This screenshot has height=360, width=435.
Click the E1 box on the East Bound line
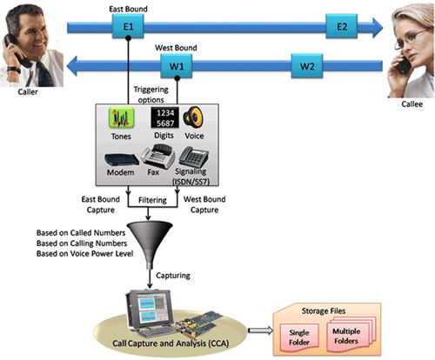(128, 26)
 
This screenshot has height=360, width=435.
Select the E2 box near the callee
(342, 26)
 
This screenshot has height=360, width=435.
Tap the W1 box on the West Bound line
(177, 66)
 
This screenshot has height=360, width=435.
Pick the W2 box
(307, 66)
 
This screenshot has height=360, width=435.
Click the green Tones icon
(121, 117)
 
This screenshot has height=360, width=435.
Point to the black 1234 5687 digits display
(164, 117)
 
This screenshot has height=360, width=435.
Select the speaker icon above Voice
(193, 117)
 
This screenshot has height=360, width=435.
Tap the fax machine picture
(158, 156)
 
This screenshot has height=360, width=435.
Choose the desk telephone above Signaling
(194, 157)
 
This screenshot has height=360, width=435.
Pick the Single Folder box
(299, 337)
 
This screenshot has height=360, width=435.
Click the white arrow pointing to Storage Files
(260, 330)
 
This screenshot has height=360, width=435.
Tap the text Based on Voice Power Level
(84, 254)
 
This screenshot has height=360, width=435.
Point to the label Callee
(412, 104)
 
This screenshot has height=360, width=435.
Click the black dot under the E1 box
(128, 38)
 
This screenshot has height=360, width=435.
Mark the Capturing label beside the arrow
(173, 276)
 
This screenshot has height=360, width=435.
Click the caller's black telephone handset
(16, 50)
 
